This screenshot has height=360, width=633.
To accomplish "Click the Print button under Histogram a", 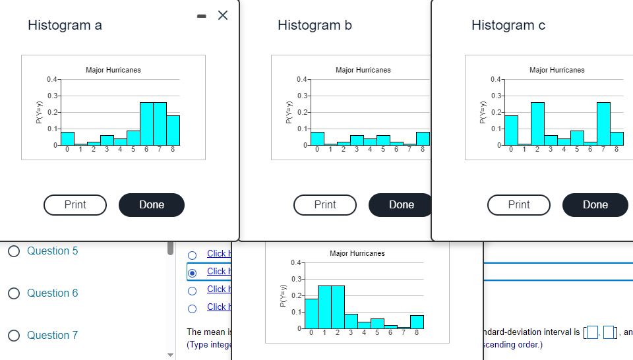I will (75, 204).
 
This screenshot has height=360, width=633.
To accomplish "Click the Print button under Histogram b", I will (325, 204).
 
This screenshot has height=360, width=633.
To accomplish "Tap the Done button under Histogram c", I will (595, 204).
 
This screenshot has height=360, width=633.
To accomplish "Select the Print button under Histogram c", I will (519, 204).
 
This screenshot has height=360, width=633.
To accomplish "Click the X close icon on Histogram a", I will (223, 16).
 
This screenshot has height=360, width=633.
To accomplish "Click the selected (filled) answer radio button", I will (193, 272).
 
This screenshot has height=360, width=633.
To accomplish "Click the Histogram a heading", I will (65, 25).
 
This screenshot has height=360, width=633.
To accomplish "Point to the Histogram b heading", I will (315, 25).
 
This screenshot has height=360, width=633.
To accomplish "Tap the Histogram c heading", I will (508, 25).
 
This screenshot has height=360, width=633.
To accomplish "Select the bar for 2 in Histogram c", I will (537, 124).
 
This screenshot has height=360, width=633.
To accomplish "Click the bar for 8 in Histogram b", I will (423, 138).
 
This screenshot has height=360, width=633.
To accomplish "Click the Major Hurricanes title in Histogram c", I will (557, 70).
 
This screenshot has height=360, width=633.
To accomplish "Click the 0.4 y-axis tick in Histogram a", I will (51, 80).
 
